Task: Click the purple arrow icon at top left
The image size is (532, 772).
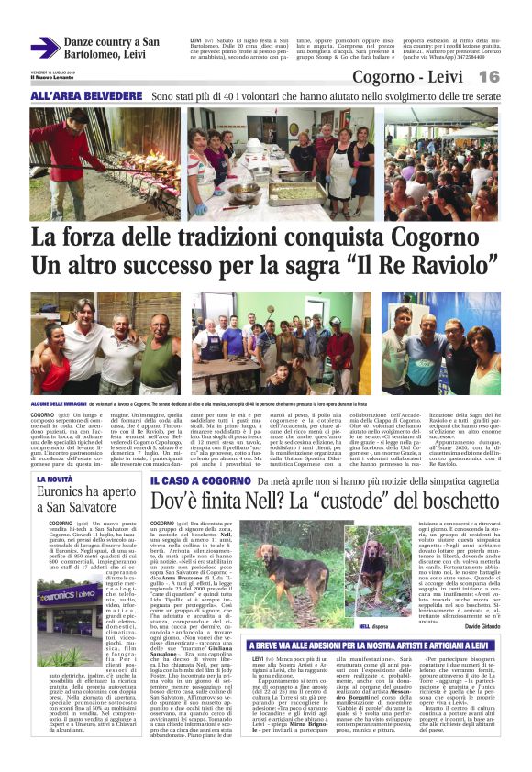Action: tap(44, 48)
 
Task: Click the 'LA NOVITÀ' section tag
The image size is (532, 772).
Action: tap(56, 479)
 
